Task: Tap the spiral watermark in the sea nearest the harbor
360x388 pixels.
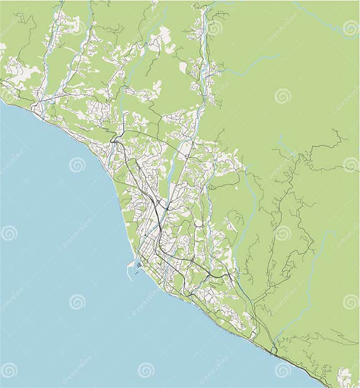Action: coord(77,302)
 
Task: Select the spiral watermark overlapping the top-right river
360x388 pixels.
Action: coord(351,27)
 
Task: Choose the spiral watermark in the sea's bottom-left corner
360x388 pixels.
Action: coord(9,370)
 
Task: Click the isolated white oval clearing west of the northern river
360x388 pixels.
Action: coord(183,67)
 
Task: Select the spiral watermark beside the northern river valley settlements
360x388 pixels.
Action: coord(215,28)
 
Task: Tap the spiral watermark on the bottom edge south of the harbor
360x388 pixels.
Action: coord(146,370)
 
